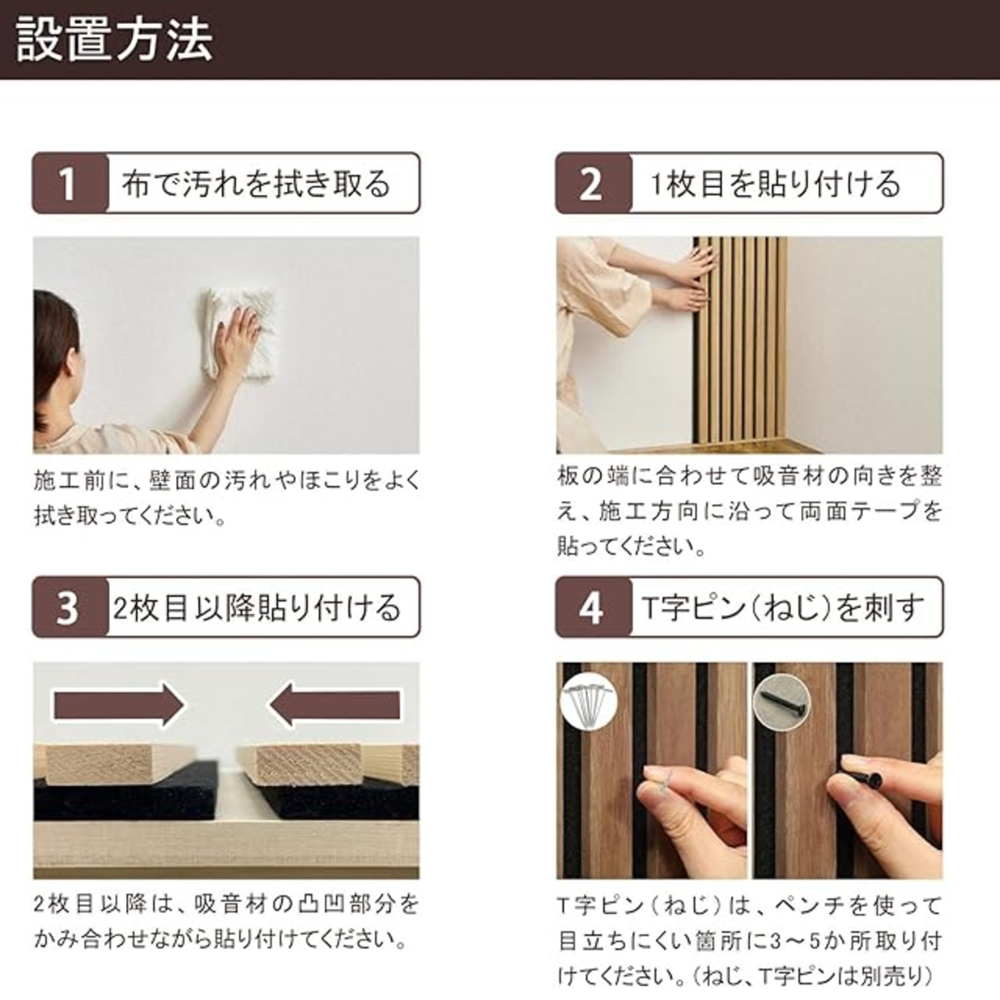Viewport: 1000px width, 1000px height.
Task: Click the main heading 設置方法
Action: (114, 40)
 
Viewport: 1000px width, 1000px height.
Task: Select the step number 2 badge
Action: (594, 183)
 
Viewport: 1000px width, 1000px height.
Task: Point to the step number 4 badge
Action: (594, 607)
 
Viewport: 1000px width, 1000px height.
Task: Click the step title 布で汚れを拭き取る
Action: (255, 184)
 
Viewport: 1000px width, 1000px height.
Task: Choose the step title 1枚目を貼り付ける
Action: (776, 184)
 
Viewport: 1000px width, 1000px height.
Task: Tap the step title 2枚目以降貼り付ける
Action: (257, 608)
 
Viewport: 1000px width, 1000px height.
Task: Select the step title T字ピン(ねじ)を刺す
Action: (783, 608)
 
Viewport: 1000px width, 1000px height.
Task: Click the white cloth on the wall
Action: (239, 332)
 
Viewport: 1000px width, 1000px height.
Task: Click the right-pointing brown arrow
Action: (119, 705)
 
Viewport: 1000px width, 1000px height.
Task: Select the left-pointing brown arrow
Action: (334, 705)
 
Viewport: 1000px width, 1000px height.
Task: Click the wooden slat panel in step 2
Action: (740, 345)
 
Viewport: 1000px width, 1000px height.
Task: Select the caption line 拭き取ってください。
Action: (130, 516)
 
